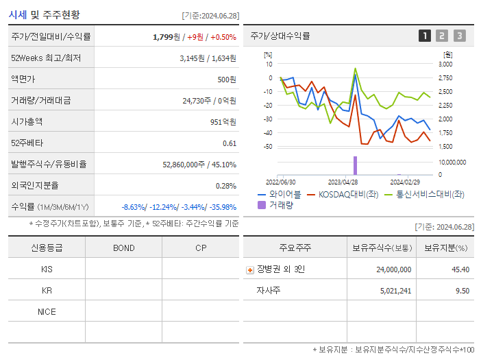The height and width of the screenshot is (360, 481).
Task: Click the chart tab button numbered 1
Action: point(425,36)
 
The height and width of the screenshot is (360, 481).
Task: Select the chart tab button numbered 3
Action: point(459,36)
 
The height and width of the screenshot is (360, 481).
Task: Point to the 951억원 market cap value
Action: point(223,121)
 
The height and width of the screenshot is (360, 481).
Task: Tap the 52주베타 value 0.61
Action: point(230,143)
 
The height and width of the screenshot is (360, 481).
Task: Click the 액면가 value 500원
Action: point(227,79)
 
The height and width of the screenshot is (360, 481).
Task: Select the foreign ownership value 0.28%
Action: point(226,185)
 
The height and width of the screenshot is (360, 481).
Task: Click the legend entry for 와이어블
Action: point(280,194)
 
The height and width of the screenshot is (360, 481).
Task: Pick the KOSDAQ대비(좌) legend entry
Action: point(343,194)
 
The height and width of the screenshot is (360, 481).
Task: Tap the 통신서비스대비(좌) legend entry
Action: point(424,194)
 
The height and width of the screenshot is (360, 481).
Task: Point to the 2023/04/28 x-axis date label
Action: point(343,182)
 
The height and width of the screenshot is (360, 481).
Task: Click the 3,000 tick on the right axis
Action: point(444,64)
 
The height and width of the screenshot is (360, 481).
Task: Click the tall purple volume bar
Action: point(355,165)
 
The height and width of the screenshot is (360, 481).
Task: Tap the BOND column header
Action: point(123,248)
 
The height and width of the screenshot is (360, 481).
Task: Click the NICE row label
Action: point(47,312)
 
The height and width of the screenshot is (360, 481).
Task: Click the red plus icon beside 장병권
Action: point(249,270)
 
